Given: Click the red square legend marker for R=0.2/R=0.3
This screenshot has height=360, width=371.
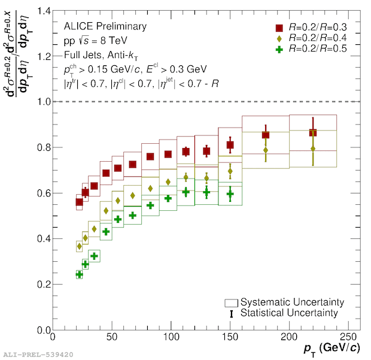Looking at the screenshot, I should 279,28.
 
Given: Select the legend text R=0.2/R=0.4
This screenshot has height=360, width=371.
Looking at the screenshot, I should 317,38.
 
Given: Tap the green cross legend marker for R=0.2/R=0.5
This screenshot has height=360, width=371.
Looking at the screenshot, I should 279,49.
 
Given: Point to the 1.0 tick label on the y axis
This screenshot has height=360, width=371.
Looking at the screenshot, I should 39,102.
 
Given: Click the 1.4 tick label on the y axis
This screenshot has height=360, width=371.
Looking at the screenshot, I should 39,11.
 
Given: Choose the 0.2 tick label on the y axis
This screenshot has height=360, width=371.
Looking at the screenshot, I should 39,285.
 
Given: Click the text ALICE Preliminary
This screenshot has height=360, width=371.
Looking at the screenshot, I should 105,26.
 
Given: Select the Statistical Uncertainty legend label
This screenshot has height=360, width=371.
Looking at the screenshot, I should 289,313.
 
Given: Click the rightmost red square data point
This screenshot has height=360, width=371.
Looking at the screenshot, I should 313,133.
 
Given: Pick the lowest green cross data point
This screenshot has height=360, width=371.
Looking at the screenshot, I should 80,274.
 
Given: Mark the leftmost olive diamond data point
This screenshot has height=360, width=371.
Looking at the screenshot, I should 80,246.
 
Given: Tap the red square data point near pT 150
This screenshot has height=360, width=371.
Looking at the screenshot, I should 230,145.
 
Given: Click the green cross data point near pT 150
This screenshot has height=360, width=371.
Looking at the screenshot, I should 230,194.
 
